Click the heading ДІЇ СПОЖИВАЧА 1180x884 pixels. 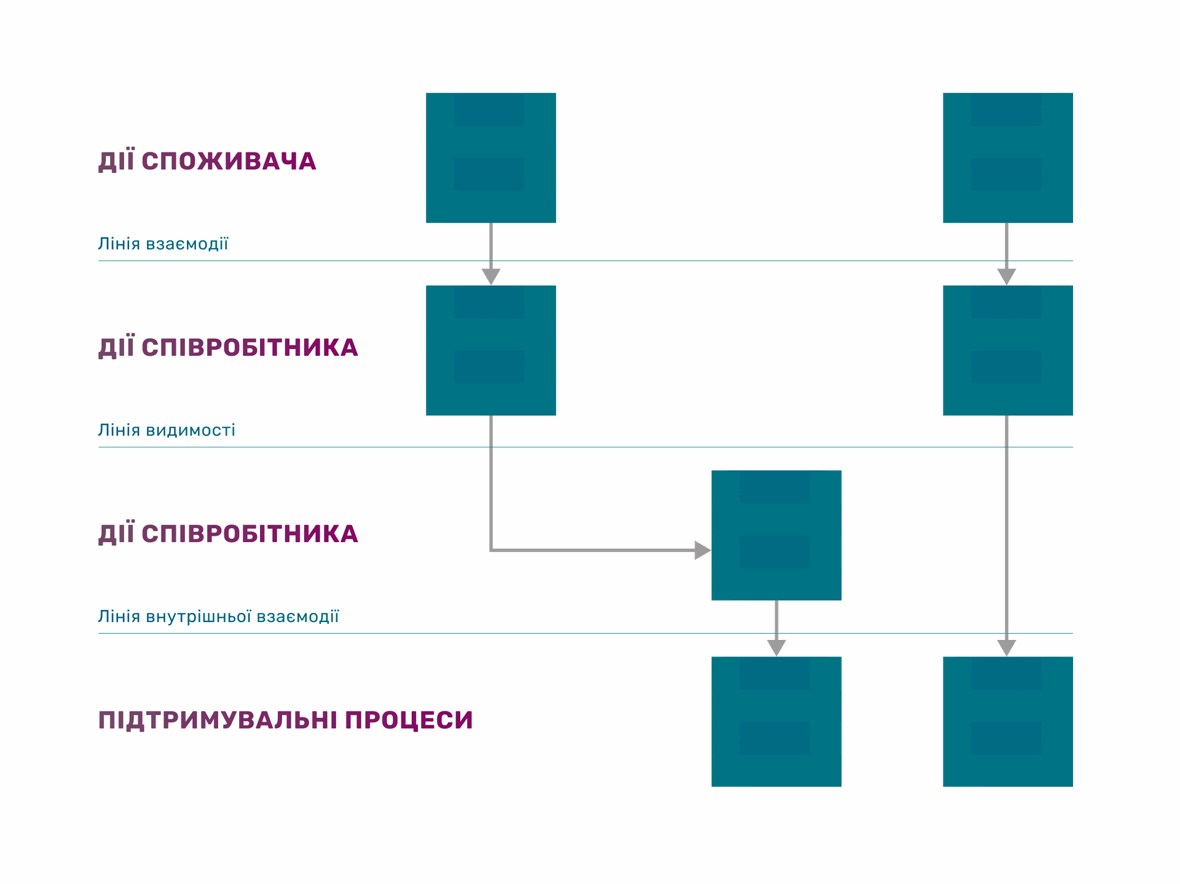coord(207,161)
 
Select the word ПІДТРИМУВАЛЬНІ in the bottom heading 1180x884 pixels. coord(218,720)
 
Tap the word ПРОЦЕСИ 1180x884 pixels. coord(409,720)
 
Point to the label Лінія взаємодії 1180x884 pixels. coord(163,243)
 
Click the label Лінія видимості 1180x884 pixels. coord(167,430)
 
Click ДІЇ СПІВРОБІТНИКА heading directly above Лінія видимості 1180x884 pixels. coord(228,347)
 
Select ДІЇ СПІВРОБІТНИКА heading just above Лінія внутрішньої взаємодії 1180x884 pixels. coord(228,534)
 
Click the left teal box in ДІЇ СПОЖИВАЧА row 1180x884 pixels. coord(491,158)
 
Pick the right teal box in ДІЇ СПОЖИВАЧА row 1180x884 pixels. coord(1008,158)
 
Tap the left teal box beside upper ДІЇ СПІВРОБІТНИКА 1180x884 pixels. coord(491,350)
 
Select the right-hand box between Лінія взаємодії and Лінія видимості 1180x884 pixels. coord(1008,350)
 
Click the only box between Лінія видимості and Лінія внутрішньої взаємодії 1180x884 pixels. coord(776,535)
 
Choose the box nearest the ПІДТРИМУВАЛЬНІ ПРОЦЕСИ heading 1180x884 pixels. coord(776,722)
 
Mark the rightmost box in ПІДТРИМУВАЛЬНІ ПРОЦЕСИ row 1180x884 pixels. coord(1008,722)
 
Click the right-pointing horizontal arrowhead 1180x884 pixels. coord(702,550)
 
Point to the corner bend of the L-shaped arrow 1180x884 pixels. coord(491,550)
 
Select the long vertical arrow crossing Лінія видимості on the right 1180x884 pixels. coord(1007,536)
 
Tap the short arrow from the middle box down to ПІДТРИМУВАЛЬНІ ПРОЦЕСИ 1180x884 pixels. coord(776,628)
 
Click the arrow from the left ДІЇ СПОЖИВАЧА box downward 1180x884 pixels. coord(491,254)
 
